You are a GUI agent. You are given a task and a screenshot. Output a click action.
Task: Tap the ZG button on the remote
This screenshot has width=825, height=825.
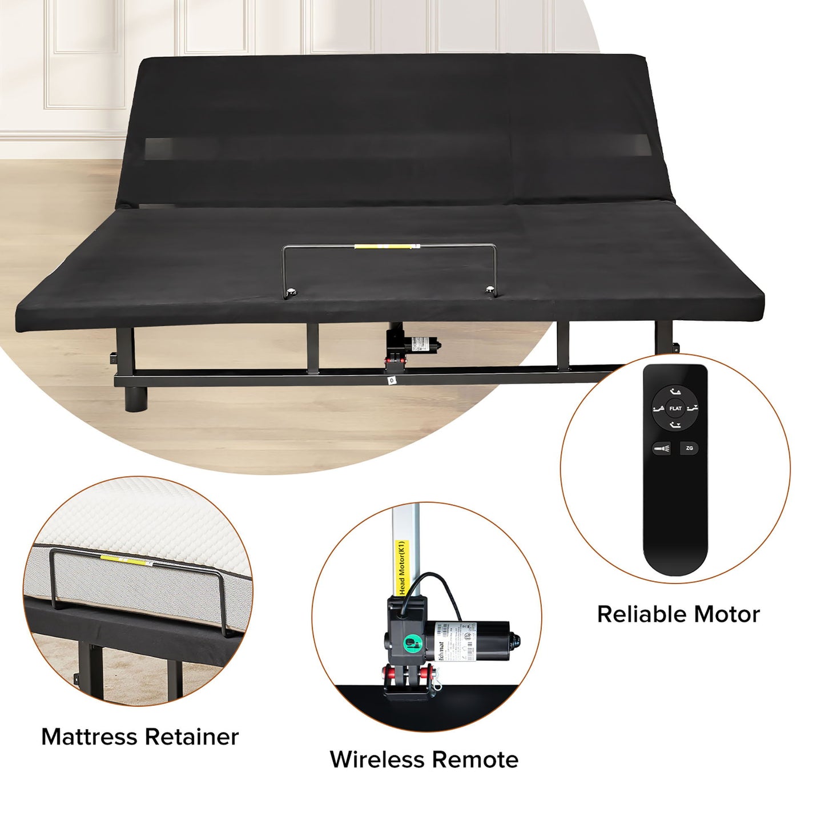(689, 448)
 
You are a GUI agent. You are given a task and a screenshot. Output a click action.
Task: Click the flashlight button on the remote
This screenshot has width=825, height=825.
(662, 449)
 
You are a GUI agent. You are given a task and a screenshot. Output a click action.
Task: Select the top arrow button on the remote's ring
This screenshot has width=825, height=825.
(675, 392)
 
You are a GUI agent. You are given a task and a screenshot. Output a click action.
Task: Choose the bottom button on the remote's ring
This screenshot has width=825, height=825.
(675, 425)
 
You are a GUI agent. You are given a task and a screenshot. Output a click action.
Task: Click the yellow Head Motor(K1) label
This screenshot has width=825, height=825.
(403, 568)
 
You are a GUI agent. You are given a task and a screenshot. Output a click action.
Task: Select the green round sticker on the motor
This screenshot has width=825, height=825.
(411, 644)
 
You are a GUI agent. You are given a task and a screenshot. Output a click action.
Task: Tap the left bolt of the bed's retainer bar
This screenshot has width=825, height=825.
(292, 292)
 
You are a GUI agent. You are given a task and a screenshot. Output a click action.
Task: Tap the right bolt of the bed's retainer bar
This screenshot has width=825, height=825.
(490, 291)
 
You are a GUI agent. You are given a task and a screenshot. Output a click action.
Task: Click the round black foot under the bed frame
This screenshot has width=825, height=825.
(136, 398)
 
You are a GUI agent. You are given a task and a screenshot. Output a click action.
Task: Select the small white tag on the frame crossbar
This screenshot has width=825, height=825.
(392, 379)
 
